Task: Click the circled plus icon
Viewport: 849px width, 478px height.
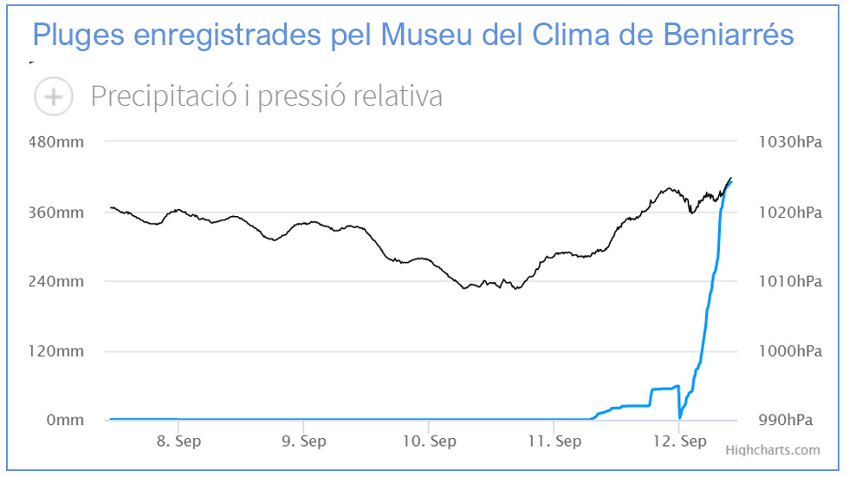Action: click(x=53, y=96)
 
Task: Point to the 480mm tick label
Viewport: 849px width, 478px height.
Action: click(x=58, y=142)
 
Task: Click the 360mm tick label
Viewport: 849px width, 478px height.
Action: click(x=58, y=213)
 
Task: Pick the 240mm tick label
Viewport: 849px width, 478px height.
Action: click(x=58, y=282)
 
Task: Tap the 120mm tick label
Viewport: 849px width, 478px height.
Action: click(x=58, y=351)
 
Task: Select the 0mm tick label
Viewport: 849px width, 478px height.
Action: click(x=66, y=421)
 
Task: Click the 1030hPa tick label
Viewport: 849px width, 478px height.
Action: click(x=788, y=142)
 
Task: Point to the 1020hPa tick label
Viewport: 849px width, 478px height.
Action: click(x=788, y=213)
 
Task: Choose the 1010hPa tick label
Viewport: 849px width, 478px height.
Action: click(x=788, y=282)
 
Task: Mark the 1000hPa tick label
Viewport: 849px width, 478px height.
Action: click(x=788, y=351)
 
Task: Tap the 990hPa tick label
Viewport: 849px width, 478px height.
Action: click(x=785, y=421)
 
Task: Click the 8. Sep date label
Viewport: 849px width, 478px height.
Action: click(x=178, y=442)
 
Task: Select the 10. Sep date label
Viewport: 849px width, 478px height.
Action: click(x=429, y=442)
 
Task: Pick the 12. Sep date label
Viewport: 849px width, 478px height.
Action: click(x=679, y=442)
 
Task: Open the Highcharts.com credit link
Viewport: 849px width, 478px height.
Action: click(x=772, y=450)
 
